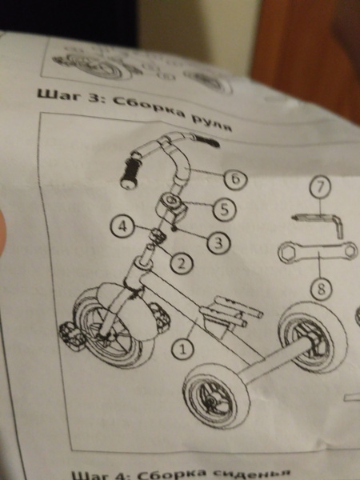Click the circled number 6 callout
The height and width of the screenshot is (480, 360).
click(x=235, y=179)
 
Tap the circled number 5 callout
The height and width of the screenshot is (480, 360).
click(x=224, y=210)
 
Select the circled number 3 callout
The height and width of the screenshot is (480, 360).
click(x=218, y=242)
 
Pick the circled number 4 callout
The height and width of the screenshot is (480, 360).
click(x=122, y=227)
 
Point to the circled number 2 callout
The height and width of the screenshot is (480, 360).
click(x=182, y=263)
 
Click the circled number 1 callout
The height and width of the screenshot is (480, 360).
click(x=182, y=349)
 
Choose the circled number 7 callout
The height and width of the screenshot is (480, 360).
click(x=320, y=186)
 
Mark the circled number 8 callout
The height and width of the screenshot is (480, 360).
click(x=321, y=290)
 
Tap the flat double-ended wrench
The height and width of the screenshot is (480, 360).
click(x=318, y=252)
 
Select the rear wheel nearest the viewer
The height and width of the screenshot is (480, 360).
click(x=217, y=395)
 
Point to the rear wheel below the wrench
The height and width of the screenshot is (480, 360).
click(x=313, y=337)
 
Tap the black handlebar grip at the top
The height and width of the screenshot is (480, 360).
click(x=207, y=142)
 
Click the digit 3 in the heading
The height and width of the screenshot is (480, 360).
click(x=94, y=98)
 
